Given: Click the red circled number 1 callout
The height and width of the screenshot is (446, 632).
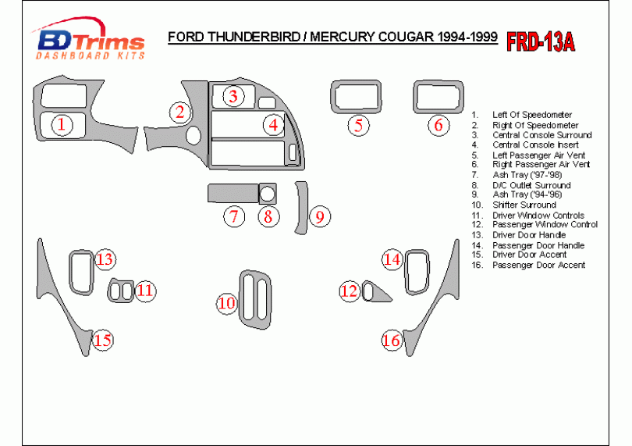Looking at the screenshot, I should (x=63, y=124).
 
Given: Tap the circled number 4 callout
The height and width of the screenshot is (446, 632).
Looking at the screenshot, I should (x=272, y=124).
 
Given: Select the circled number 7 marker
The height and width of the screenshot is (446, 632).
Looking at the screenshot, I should (x=233, y=216).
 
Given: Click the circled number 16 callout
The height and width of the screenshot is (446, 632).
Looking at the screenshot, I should (x=391, y=340).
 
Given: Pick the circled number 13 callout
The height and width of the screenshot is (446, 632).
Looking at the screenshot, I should (x=105, y=259).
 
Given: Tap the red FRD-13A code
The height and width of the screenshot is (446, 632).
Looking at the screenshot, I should (x=541, y=41).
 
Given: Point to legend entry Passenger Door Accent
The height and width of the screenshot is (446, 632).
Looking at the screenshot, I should (x=538, y=265).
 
